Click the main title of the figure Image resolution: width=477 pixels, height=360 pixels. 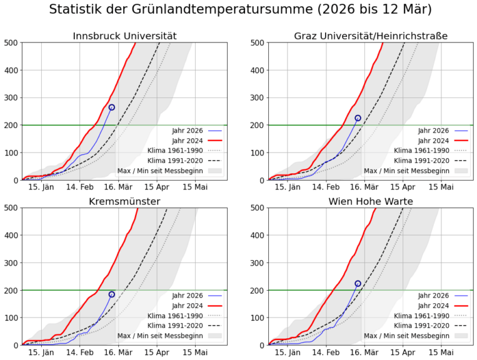tap(240, 10)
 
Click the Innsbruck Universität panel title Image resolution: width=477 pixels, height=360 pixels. tap(124, 36)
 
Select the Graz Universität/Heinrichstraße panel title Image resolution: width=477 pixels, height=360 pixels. tap(371, 36)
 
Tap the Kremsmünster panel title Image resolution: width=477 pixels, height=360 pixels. tap(124, 201)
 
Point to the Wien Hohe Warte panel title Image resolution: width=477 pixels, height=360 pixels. tap(371, 201)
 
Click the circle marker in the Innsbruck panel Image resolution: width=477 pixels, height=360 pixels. tap(111, 107)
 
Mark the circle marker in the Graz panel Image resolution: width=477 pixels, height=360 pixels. tap(358, 118)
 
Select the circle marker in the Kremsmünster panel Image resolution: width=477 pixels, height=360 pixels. tap(112, 294)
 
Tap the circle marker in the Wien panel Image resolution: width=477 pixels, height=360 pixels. tap(358, 284)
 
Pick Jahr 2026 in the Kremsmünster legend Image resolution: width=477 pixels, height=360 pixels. tap(188, 296)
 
